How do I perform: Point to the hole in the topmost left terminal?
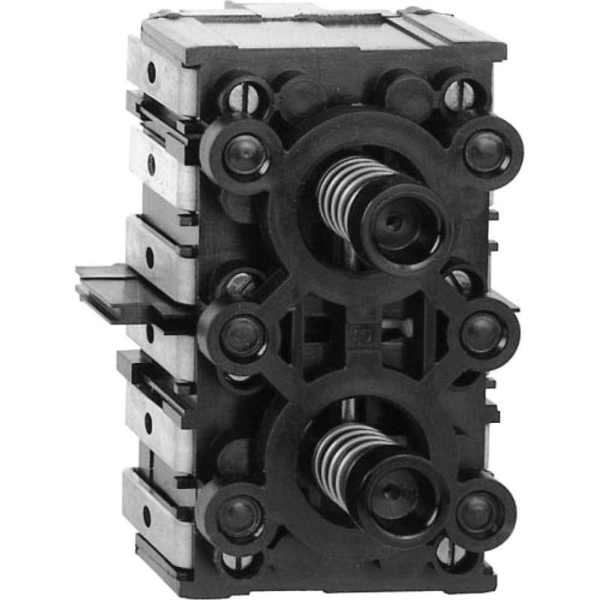point(151,73)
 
